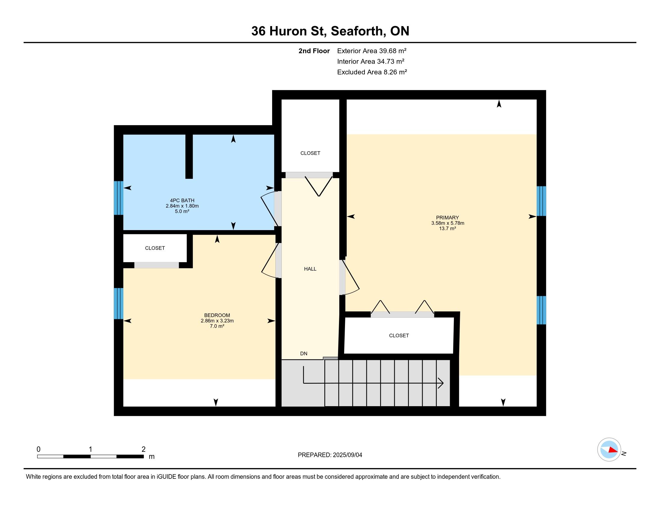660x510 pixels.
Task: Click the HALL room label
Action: tap(310, 269)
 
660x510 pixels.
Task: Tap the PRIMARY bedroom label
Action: tap(447, 217)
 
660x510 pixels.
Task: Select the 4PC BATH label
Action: tap(182, 200)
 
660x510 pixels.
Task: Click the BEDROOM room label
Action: tap(217, 315)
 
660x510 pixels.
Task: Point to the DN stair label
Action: tap(304, 353)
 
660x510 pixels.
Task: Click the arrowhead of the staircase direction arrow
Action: tap(441, 383)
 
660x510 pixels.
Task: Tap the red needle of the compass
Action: tap(613, 450)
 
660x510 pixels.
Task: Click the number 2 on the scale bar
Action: tap(143, 449)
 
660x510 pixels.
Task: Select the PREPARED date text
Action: tap(330, 455)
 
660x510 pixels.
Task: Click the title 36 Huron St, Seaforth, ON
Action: tap(330, 31)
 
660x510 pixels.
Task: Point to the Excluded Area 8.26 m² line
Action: tap(372, 72)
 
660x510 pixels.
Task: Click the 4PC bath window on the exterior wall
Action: tap(118, 198)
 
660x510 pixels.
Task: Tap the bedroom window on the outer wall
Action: tap(118, 303)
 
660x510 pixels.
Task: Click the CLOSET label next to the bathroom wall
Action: tap(155, 248)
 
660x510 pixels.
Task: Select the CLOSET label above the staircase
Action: tap(399, 335)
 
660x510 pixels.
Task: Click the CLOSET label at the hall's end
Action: tap(310, 153)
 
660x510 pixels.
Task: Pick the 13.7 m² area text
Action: tap(447, 228)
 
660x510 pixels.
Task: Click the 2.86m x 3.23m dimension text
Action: tap(217, 321)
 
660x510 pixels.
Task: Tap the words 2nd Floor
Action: tap(314, 51)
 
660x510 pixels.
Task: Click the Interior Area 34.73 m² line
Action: tap(371, 61)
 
